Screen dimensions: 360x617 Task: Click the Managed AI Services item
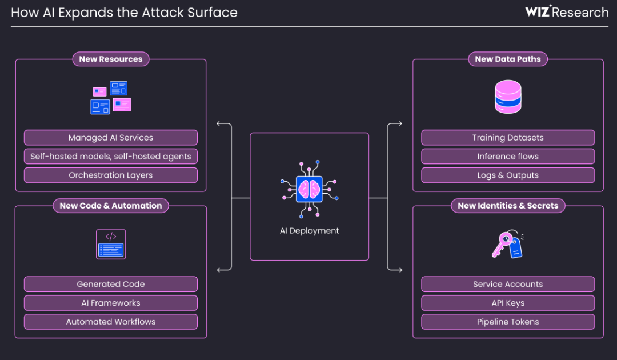click(110, 138)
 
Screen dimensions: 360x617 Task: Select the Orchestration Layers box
click(110, 175)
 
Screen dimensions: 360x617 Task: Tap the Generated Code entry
click(110, 284)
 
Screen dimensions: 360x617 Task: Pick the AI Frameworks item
click(110, 303)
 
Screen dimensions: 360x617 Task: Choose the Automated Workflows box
click(110, 322)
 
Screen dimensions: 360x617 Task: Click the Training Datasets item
click(508, 138)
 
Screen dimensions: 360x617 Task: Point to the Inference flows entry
click(508, 157)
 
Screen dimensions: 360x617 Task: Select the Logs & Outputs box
click(508, 175)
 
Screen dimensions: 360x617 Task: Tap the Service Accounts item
click(508, 284)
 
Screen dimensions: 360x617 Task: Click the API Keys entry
click(508, 303)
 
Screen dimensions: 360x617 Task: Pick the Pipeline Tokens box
click(508, 322)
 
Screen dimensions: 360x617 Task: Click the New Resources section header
click(111, 59)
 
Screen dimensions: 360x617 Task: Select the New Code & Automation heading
click(111, 206)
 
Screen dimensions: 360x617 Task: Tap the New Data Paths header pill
click(508, 59)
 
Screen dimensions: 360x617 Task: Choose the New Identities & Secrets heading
click(508, 206)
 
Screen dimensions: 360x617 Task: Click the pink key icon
click(503, 243)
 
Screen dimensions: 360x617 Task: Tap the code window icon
click(111, 245)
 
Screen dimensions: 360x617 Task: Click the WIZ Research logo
click(567, 12)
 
